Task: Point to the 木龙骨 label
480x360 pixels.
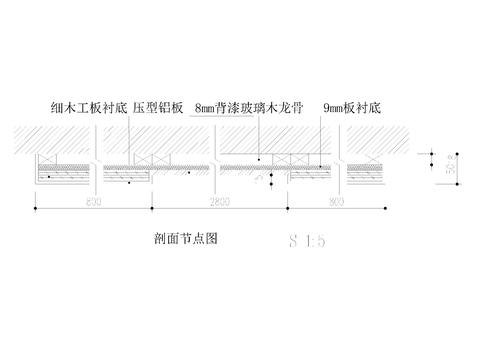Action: coord(279,106)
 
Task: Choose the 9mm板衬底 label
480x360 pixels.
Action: coord(353,106)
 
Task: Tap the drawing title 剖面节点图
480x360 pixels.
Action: coord(181,239)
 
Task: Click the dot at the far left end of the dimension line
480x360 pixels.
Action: coord(36,208)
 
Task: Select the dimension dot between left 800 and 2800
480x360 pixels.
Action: coord(151,208)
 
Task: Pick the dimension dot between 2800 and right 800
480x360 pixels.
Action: coord(289,208)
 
